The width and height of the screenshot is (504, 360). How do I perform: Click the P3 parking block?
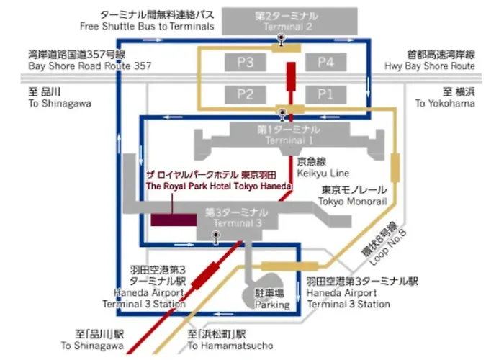coord(245,63)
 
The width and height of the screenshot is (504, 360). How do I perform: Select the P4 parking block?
coord(325,63)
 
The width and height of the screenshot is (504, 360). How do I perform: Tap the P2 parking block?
coord(245,94)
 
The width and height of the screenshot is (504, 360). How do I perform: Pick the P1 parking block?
coord(325,94)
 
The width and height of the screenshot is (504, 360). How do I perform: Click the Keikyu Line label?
coord(322,174)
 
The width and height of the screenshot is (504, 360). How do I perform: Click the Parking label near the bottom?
coord(271,305)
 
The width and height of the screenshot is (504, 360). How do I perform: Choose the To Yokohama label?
coord(445,104)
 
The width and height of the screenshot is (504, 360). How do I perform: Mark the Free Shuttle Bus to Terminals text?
coord(147,26)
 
